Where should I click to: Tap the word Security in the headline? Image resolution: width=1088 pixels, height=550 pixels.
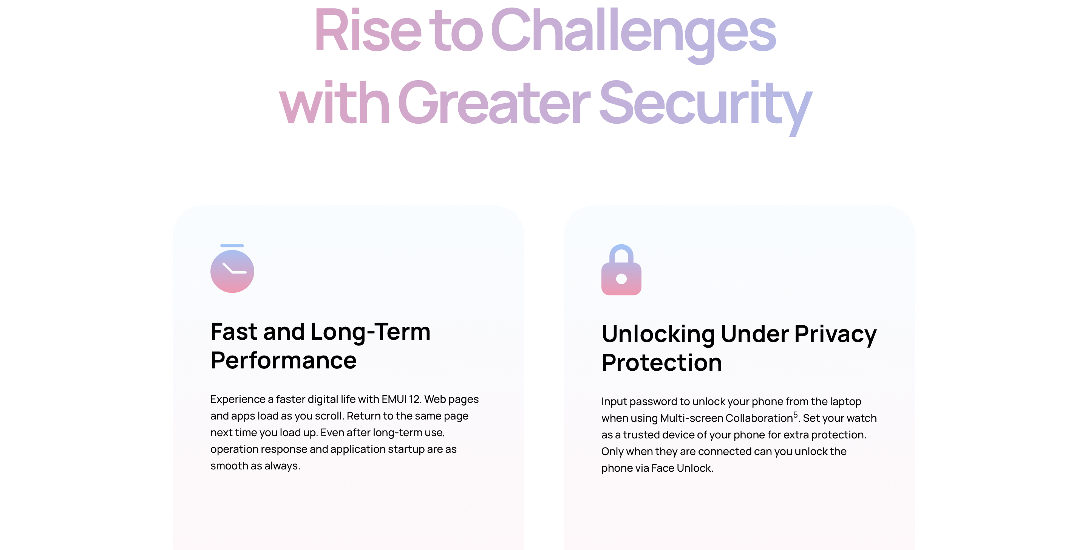(x=705, y=106)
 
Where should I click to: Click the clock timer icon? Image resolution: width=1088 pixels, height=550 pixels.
(x=232, y=269)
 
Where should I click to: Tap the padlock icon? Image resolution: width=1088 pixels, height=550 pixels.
(x=621, y=270)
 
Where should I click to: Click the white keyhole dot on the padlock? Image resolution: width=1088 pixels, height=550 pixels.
(x=621, y=278)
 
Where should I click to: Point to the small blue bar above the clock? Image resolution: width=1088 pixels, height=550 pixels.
(x=232, y=245)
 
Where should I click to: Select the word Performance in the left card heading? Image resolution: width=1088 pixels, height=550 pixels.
(x=283, y=360)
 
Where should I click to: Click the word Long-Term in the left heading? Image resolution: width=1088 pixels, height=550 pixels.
(x=370, y=332)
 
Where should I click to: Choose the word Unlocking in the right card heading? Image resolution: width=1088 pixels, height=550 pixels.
(x=658, y=334)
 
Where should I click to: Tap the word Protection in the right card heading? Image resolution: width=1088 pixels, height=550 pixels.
(x=661, y=363)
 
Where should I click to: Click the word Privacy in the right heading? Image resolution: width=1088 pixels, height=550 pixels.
(x=835, y=334)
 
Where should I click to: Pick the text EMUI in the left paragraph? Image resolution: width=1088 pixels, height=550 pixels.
(x=394, y=399)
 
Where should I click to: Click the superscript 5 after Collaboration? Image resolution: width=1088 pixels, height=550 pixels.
(x=795, y=414)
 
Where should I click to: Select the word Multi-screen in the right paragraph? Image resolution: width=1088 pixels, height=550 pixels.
(x=691, y=418)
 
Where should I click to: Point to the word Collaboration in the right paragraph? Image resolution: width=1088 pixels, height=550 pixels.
(x=759, y=418)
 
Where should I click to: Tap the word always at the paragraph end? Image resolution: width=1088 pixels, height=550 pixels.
(x=282, y=466)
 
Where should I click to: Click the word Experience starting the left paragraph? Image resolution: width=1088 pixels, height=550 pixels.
(x=238, y=399)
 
